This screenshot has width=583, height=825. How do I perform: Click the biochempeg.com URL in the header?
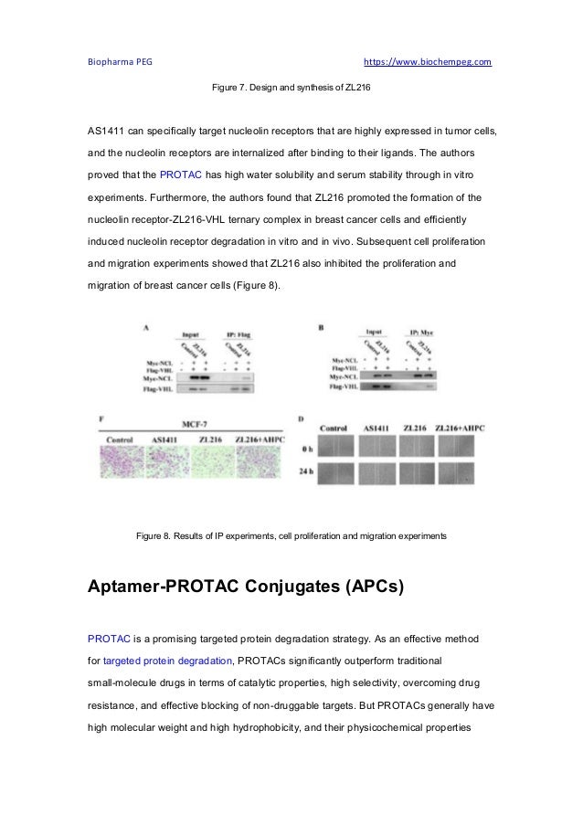(428, 62)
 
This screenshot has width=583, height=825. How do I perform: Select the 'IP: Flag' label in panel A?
(240, 333)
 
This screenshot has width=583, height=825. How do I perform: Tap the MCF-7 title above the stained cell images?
(192, 424)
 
